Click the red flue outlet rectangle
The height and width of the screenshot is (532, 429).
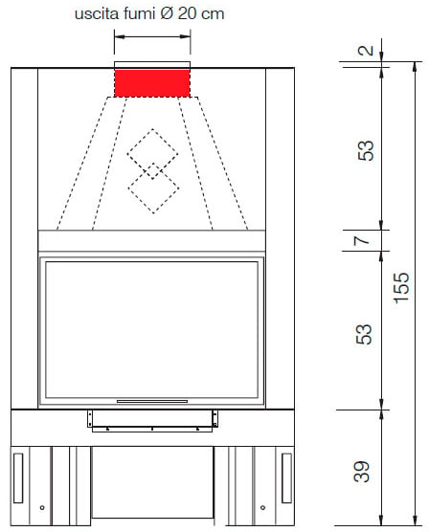coord(152,83)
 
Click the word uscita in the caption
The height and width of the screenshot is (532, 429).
coord(97,14)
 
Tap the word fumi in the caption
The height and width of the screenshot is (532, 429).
coord(139,14)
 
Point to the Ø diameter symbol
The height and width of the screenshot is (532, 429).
coord(167,14)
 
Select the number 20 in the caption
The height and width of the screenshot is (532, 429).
coord(187,14)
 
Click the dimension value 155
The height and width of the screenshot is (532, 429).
coord(401,288)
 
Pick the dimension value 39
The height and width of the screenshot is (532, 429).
coord(361,472)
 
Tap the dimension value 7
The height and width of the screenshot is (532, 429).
coord(361,240)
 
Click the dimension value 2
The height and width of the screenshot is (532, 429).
coord(366,51)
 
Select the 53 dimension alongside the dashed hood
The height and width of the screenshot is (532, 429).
coord(366,150)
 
